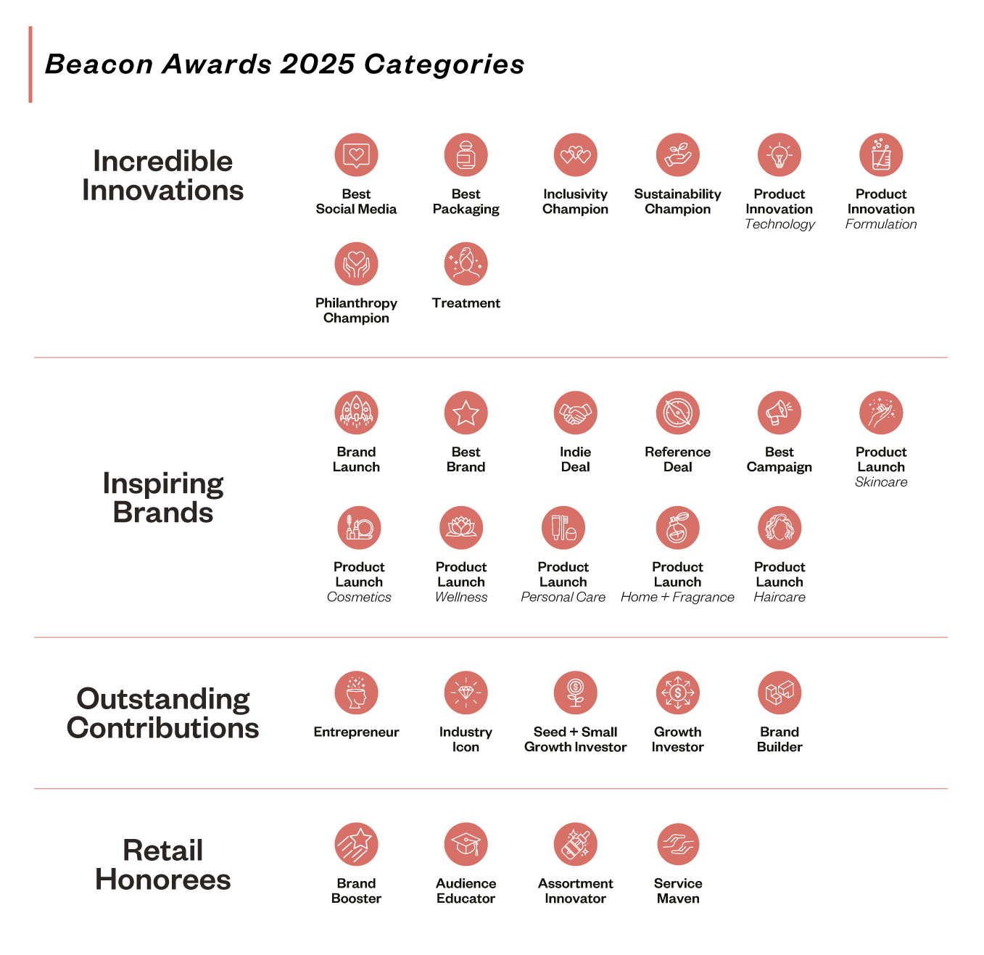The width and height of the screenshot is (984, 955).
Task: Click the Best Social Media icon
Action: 356,154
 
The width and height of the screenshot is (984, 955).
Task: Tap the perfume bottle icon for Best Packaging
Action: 466,154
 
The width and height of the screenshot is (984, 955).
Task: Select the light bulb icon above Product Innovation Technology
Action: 779,154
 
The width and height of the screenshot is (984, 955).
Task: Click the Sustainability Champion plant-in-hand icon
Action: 677,154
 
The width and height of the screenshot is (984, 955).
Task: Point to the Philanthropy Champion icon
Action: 356,264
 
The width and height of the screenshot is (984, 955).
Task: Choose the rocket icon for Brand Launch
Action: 356,413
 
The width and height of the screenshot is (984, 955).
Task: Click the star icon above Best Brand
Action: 466,413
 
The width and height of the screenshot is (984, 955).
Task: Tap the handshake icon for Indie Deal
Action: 576,413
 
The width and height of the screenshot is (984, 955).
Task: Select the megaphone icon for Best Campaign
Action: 779,413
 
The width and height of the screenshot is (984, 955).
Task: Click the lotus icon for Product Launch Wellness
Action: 461,528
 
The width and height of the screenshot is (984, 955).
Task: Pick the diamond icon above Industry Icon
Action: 466,693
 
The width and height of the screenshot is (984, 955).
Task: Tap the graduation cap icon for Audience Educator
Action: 466,844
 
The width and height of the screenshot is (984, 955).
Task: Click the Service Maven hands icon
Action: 677,844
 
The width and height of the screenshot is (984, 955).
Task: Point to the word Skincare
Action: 881,481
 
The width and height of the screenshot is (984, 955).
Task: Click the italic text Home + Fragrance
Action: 677,597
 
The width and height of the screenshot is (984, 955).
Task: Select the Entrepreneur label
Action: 356,732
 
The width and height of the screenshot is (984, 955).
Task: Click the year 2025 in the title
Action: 318,65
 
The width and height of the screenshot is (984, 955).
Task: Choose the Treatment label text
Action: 466,303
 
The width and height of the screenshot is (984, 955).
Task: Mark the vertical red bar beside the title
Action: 30,65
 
